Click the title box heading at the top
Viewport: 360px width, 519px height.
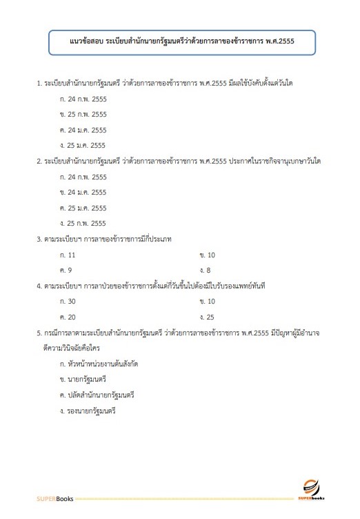coord(182,42)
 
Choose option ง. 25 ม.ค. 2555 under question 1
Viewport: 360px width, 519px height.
coord(83,145)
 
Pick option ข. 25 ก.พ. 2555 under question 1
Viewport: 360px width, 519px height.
coord(83,114)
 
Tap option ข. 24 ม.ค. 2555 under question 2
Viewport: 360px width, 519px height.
coord(83,192)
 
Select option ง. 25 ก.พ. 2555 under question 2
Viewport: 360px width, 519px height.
coord(83,223)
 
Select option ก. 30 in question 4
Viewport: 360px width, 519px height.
coord(68,301)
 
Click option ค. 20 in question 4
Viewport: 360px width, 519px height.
coord(68,316)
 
